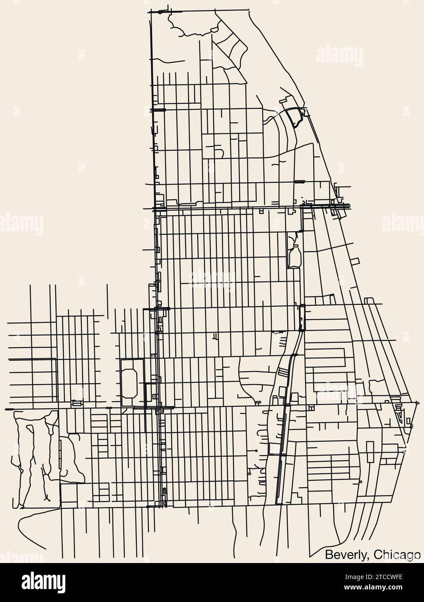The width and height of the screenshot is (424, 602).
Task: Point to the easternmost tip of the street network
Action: point(418,403)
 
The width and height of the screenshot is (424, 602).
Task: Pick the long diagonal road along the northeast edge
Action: point(277,65)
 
